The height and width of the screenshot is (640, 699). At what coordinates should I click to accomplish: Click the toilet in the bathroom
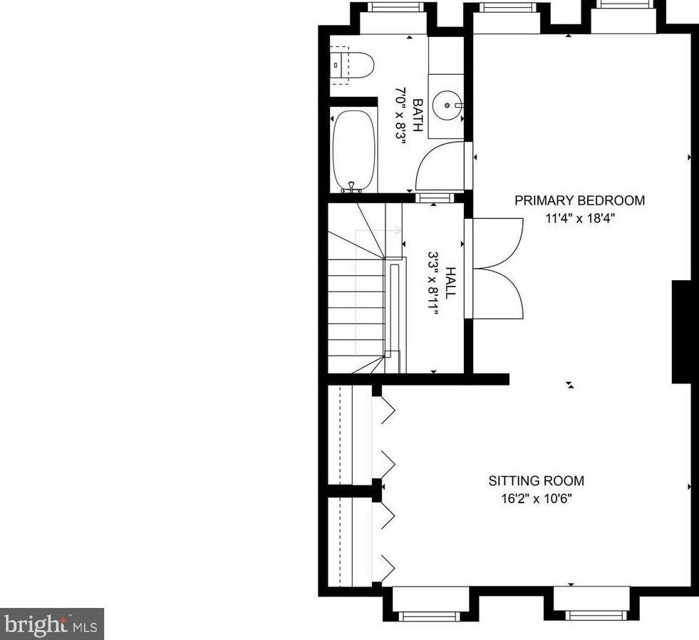(352, 65)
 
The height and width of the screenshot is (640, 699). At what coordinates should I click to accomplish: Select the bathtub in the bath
(354, 151)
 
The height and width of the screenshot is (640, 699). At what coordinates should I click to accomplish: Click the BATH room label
(418, 115)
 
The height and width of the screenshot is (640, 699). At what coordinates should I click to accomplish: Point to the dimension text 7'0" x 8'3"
(400, 115)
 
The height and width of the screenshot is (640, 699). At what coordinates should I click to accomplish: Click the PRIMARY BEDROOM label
(579, 201)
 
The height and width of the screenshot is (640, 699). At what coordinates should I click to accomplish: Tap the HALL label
(451, 283)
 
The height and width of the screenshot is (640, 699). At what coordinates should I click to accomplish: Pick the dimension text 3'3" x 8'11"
(433, 283)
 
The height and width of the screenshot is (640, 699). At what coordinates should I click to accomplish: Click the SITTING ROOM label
(537, 481)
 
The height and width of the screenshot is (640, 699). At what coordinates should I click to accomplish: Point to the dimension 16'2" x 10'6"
(537, 498)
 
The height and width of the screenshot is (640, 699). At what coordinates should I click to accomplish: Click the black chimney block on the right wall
(684, 332)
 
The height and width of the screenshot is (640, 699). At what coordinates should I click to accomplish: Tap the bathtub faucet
(351, 187)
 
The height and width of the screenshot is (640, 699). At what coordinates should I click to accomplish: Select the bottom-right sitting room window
(591, 616)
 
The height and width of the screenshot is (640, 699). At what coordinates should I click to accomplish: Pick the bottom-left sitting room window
(429, 616)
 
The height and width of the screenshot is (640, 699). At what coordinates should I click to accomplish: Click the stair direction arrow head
(398, 231)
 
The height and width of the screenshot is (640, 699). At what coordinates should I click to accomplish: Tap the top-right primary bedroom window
(623, 4)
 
